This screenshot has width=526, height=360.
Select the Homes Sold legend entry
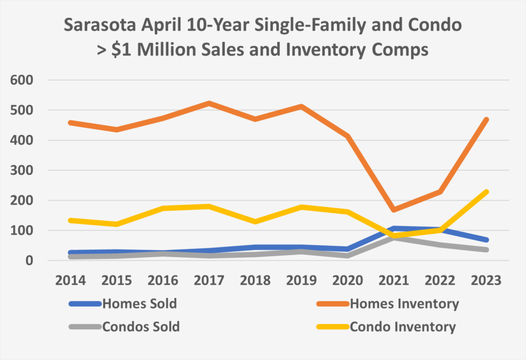[x=140, y=304]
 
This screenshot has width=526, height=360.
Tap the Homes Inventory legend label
[x=404, y=304]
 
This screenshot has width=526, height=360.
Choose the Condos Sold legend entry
[x=141, y=327]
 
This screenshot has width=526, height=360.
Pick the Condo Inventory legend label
[x=403, y=327]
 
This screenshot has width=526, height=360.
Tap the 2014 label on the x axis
[x=70, y=281]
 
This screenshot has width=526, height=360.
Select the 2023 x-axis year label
[x=485, y=281]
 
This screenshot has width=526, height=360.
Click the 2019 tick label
[x=301, y=281]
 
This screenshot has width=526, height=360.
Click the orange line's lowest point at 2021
[x=393, y=210]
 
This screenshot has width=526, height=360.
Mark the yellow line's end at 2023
[x=485, y=192]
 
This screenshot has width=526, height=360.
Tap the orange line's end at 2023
[x=485, y=120]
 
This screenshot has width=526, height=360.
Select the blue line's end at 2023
[x=485, y=240]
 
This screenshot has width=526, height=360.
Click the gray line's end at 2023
[x=485, y=250]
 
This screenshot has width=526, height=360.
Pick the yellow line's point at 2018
[x=255, y=221]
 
